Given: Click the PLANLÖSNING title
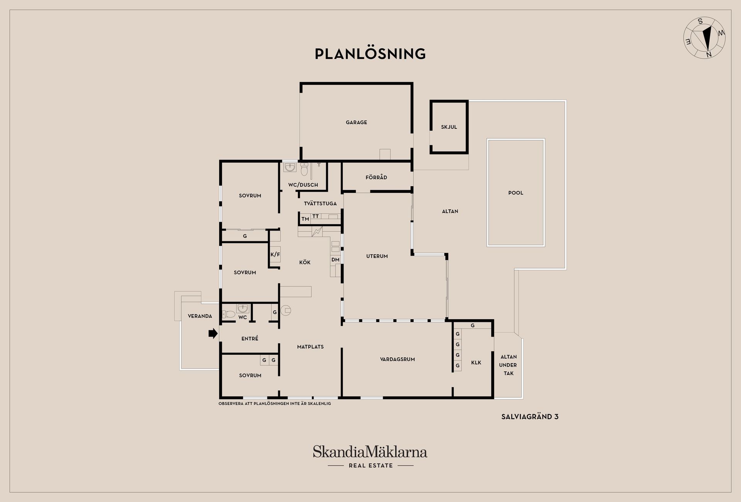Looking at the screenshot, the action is (370, 54).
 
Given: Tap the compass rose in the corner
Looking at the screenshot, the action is (704, 38).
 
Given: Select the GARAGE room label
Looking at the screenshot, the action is (356, 122).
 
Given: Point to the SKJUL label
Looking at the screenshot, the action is (449, 127).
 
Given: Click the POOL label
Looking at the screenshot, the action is (516, 193).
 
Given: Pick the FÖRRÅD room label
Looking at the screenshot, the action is (376, 177).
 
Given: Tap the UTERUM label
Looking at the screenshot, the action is (377, 256).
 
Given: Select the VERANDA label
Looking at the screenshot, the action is (200, 316).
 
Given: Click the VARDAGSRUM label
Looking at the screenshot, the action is (398, 359).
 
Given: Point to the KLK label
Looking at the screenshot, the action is (476, 363).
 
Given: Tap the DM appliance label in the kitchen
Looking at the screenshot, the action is (335, 260).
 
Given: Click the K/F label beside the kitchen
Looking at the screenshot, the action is (275, 254).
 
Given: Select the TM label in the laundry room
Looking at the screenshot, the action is (305, 219).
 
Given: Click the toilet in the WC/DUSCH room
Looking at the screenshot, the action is (304, 169).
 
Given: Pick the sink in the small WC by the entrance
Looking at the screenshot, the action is (243, 308).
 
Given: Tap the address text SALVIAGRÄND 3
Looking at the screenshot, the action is (530, 417).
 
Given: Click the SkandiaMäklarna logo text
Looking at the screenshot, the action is (370, 451).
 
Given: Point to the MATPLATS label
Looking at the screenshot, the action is (310, 347).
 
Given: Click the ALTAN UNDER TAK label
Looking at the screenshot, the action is (508, 365).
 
